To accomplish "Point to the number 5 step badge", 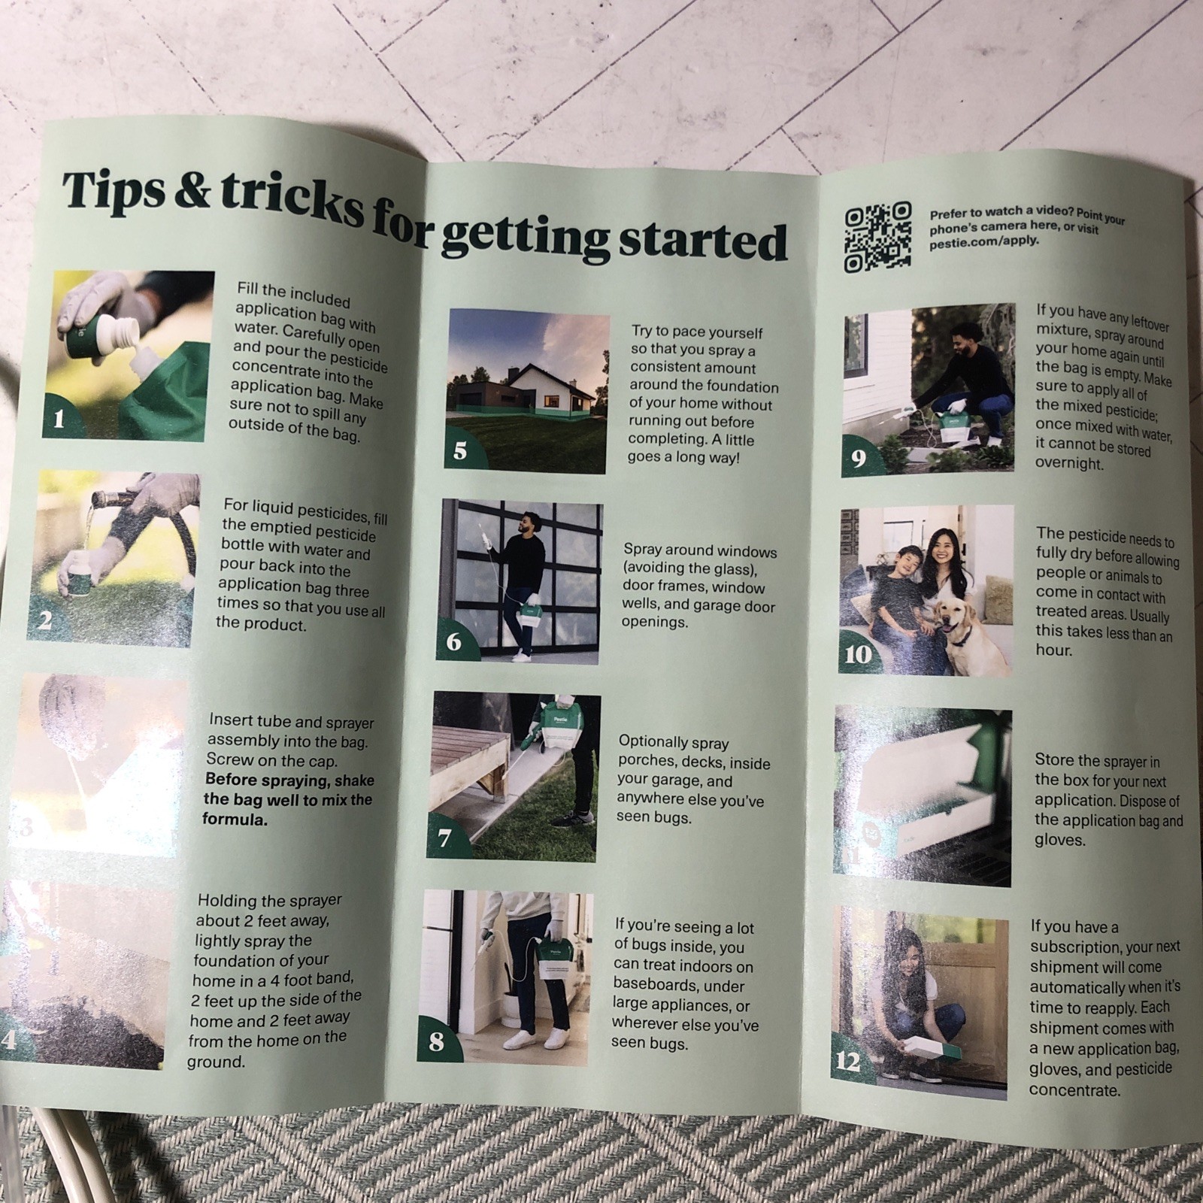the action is coord(460,450).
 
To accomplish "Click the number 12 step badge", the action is coord(849,1060).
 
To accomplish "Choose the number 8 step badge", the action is coord(436,1041).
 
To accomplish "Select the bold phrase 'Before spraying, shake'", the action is coord(289,780).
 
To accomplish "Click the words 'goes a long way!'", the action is coord(683,456).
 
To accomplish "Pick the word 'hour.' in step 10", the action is coord(1053,649).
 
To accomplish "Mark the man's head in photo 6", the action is coord(529,523).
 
